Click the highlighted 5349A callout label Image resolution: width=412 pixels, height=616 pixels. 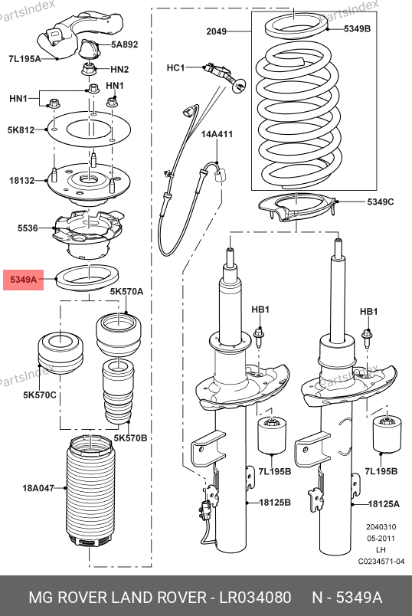point(23,280)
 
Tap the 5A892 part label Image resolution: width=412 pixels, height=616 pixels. point(125,44)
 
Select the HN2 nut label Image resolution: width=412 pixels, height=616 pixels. point(119,70)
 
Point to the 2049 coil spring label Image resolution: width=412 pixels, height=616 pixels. point(217,31)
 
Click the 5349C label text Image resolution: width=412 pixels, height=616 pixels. point(380,202)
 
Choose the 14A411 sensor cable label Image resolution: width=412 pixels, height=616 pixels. point(217,134)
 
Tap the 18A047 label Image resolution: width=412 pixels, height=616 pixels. point(38,488)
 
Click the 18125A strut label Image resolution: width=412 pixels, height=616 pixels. point(384,503)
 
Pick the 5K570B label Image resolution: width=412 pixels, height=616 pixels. point(130,437)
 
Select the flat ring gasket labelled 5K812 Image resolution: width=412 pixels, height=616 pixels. point(89,129)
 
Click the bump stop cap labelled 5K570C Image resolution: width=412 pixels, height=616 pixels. point(60,352)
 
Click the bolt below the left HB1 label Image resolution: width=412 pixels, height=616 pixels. point(259,336)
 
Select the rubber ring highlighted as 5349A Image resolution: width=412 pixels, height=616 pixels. point(87,279)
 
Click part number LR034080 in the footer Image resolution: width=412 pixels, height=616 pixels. point(255,597)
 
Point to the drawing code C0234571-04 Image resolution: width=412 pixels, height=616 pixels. point(381,562)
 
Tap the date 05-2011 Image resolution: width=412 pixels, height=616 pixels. point(381,538)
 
